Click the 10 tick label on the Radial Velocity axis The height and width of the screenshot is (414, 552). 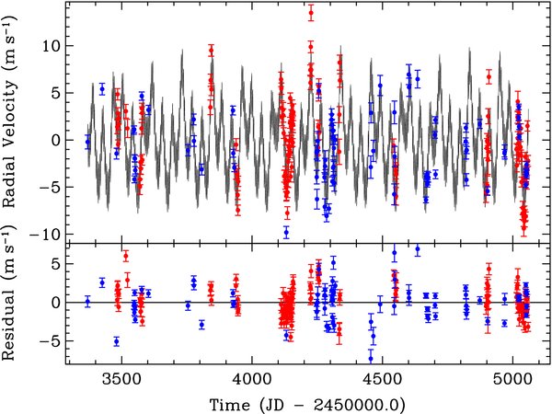[x=52, y=47]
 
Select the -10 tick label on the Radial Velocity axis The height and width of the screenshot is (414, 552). [x=47, y=235]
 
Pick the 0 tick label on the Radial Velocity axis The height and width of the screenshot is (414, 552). [x=57, y=141]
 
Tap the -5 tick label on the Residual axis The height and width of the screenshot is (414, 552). [x=51, y=341]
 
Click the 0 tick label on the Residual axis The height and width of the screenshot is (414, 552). [x=57, y=303]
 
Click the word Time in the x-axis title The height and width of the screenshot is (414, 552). [x=230, y=405]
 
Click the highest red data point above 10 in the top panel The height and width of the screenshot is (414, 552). [x=311, y=13]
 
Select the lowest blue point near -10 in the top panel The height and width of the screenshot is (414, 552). [x=286, y=233]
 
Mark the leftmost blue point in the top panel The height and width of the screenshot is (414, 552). [x=87, y=142]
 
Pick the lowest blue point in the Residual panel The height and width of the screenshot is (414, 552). [x=371, y=359]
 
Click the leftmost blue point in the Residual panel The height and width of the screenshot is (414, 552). [x=87, y=302]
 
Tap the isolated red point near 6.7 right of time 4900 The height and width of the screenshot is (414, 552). [x=489, y=76]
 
